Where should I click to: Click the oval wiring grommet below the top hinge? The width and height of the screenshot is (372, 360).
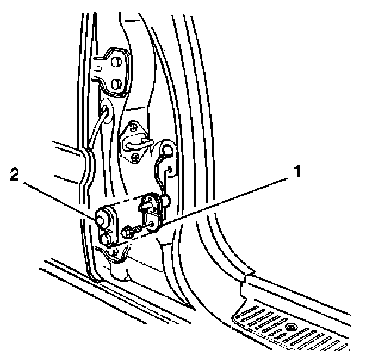(x=106, y=111)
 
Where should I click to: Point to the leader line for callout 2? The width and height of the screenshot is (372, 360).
(x=60, y=197)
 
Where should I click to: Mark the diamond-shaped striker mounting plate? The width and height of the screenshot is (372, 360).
(x=136, y=141)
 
